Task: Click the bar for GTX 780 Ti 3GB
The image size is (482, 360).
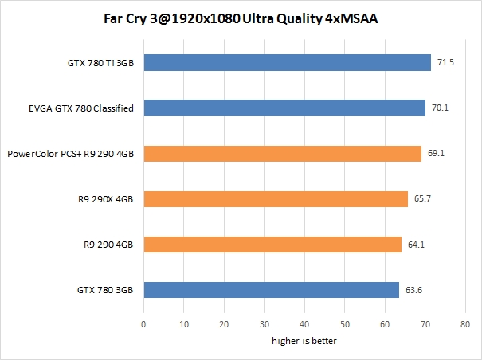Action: [287, 62]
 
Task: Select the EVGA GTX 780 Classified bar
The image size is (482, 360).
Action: [284, 108]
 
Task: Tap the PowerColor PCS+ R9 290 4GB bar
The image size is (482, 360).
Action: [282, 153]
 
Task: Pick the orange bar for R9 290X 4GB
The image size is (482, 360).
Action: [276, 199]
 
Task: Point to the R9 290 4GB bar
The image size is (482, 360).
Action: [272, 245]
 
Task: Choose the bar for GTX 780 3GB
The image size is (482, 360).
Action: [271, 290]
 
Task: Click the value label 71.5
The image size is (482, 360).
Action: [445, 62]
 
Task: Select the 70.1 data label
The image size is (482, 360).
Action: [439, 108]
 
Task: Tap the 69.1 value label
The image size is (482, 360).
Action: [436, 153]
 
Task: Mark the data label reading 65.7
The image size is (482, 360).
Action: [422, 199]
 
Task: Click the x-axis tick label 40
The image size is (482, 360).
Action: [304, 325]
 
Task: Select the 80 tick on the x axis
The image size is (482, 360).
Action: [465, 325]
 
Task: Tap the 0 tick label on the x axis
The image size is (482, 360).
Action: [143, 325]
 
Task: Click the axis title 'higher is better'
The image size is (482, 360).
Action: [304, 342]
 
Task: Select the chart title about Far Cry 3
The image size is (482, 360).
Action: [241, 18]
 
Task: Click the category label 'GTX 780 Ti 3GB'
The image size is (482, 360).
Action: [102, 62]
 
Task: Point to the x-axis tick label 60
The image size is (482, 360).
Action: [385, 325]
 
